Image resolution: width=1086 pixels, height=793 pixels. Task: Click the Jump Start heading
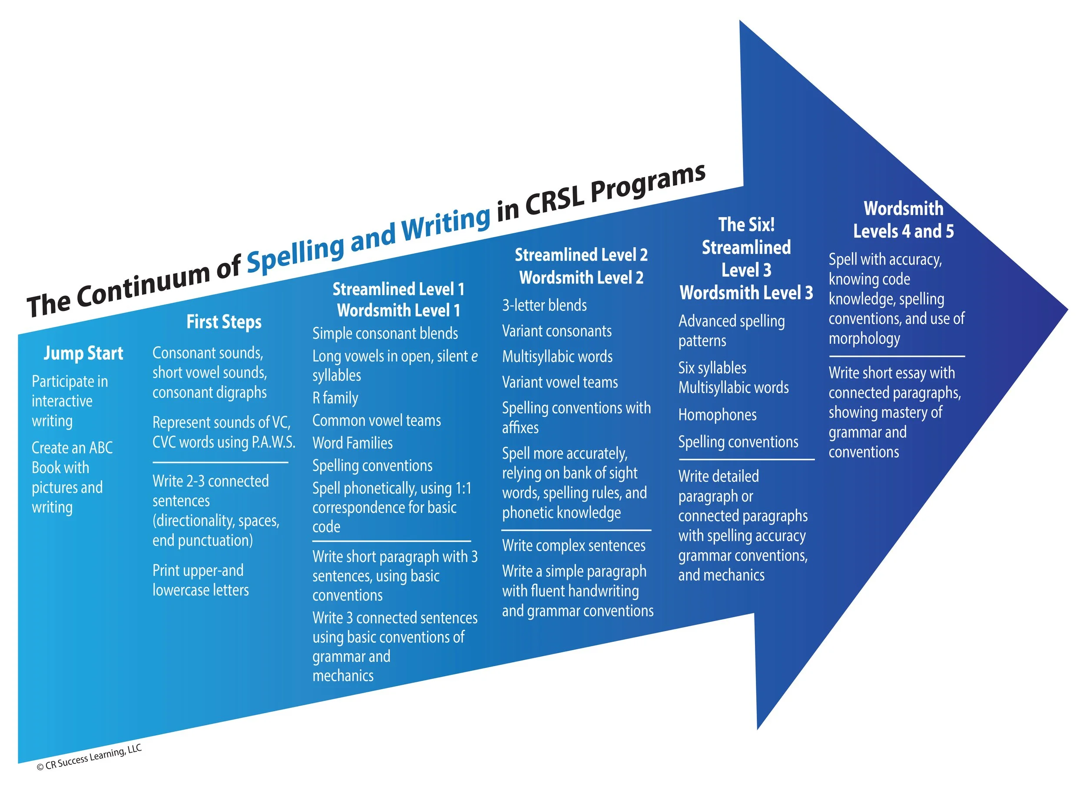point(83,354)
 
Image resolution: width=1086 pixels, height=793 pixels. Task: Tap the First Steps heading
point(224,322)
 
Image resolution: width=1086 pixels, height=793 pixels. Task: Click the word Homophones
point(717,415)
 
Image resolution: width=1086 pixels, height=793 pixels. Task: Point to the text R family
point(335,398)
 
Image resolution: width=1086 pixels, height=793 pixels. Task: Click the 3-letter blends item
point(544,305)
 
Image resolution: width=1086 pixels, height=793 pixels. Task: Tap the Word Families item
point(352,443)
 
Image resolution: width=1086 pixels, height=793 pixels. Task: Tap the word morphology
point(864,339)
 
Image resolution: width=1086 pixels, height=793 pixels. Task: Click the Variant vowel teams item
point(560,383)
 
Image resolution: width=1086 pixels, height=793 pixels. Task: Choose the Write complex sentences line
point(574,546)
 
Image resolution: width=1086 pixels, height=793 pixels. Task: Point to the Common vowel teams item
point(376,420)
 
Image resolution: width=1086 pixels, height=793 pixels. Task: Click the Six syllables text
point(712,368)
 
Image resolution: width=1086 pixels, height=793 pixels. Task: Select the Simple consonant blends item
point(385,334)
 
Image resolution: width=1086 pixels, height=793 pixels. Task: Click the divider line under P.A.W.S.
point(220,462)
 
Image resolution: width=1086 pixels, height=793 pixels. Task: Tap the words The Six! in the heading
point(746,225)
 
